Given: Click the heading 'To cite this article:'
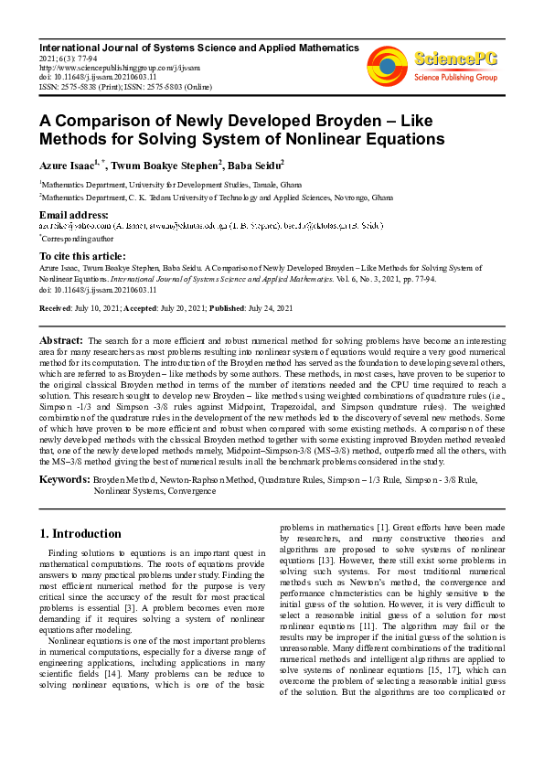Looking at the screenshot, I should click(x=81, y=256).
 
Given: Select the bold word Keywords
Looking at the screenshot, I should click(x=64, y=479).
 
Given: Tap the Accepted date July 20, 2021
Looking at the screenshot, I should click(x=182, y=308).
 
